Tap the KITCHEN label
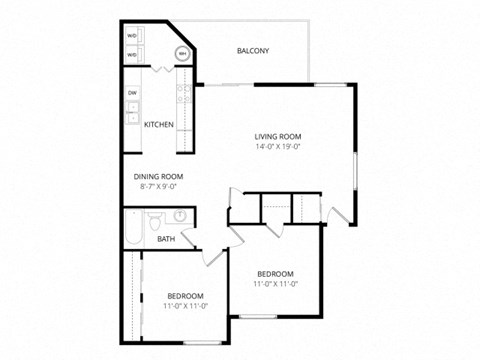tap(159, 125)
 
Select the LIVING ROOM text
tap(277, 137)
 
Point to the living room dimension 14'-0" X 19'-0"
tap(277, 148)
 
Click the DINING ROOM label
tap(158, 176)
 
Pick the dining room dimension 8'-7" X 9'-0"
tap(158, 186)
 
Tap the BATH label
tap(165, 239)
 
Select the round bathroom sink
tap(180, 215)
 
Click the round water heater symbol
tap(183, 53)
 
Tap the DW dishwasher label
tap(132, 93)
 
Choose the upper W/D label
tap(132, 36)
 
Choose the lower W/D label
tap(132, 56)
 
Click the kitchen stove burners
tap(184, 94)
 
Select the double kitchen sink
tap(133, 113)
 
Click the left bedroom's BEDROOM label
tap(185, 296)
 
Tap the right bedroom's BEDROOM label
tap(275, 274)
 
